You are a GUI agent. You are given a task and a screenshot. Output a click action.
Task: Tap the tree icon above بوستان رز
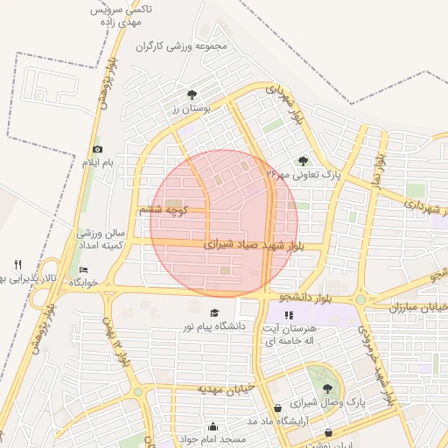click(192, 94)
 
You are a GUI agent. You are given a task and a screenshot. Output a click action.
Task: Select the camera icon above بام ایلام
click(96, 150)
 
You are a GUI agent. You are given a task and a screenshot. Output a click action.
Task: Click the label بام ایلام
click(98, 164)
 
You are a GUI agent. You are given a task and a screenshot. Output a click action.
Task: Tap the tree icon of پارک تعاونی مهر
click(303, 161)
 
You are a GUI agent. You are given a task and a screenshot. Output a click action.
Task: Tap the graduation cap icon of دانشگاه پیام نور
click(214, 313)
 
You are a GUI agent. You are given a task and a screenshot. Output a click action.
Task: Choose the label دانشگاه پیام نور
click(214, 326)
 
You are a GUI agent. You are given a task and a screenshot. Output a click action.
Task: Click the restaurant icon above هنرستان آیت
click(290, 314)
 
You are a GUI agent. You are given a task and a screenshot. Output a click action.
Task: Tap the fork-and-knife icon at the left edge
click(17, 264)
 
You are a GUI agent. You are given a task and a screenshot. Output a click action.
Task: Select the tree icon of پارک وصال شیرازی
click(327, 388)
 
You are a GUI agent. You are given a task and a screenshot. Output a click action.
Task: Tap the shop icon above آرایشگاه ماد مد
click(277, 408)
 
